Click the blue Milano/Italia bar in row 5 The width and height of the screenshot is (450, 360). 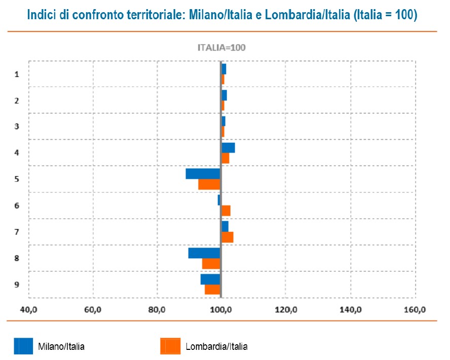203,174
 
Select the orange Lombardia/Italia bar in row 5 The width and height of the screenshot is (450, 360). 209,184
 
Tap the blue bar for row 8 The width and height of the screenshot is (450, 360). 204,253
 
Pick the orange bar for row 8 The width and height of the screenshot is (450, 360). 211,264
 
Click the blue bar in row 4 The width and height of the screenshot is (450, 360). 228,147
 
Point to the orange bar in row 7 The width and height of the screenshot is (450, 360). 228,237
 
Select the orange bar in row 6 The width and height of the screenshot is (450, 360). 226,211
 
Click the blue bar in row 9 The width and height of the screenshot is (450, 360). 210,279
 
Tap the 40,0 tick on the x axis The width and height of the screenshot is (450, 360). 28,309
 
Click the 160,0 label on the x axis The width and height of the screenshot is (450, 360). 416,309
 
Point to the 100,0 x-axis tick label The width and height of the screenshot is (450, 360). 221,309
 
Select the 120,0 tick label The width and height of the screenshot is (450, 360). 286,309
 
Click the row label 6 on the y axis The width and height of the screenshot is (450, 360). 17,206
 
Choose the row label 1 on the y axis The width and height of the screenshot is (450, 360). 17,74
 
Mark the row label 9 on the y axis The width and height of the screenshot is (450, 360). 17,285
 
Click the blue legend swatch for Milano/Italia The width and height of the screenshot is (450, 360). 23,346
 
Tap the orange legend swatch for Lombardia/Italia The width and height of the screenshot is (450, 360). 170,346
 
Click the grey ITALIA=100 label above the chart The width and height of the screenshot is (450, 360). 221,48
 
